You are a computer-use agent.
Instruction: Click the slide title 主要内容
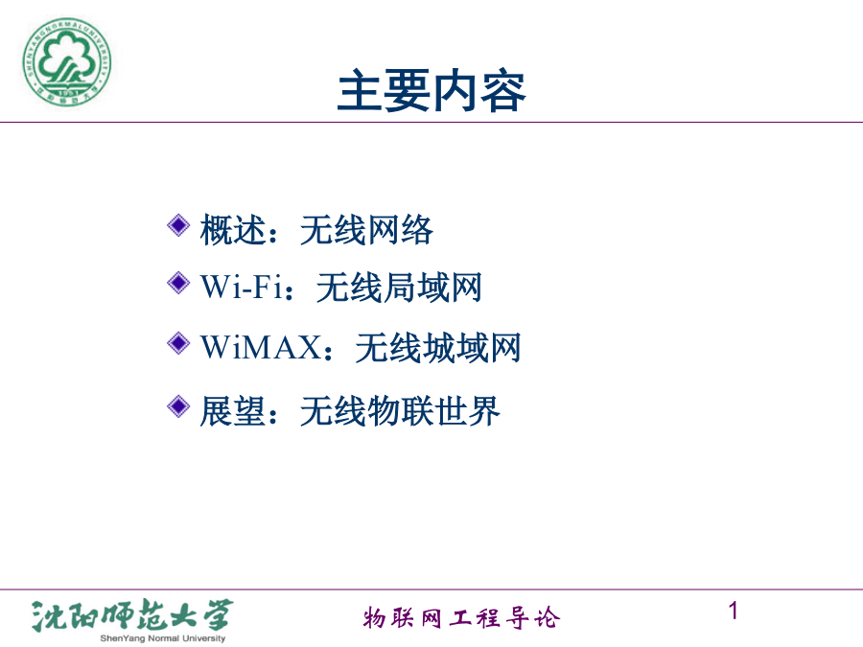pos(432,91)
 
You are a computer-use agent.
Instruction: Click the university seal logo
pos(66,61)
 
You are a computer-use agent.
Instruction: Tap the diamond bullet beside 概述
pos(178,225)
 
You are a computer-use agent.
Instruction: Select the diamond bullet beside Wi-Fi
pos(178,283)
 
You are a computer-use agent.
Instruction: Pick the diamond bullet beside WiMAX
pos(178,343)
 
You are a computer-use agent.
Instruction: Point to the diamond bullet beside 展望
pos(178,406)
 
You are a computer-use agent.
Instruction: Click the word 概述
pos(233,229)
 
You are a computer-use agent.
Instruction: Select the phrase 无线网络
pos(366,229)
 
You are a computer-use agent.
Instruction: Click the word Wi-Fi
pos(242,287)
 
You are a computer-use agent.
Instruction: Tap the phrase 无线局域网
pos(399,288)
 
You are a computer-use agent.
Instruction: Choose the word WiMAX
pos(262,347)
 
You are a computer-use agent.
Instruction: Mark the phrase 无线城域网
pos(438,348)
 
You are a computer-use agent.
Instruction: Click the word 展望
pos(233,411)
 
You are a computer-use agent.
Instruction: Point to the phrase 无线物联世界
pos(400,411)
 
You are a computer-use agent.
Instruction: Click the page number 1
pos(734,611)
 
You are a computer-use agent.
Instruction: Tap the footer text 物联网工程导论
pos(461,618)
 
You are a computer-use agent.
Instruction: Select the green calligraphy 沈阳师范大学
pos(132,615)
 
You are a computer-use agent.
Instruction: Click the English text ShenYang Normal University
pos(163,638)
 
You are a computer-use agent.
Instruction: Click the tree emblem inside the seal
pos(65,58)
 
